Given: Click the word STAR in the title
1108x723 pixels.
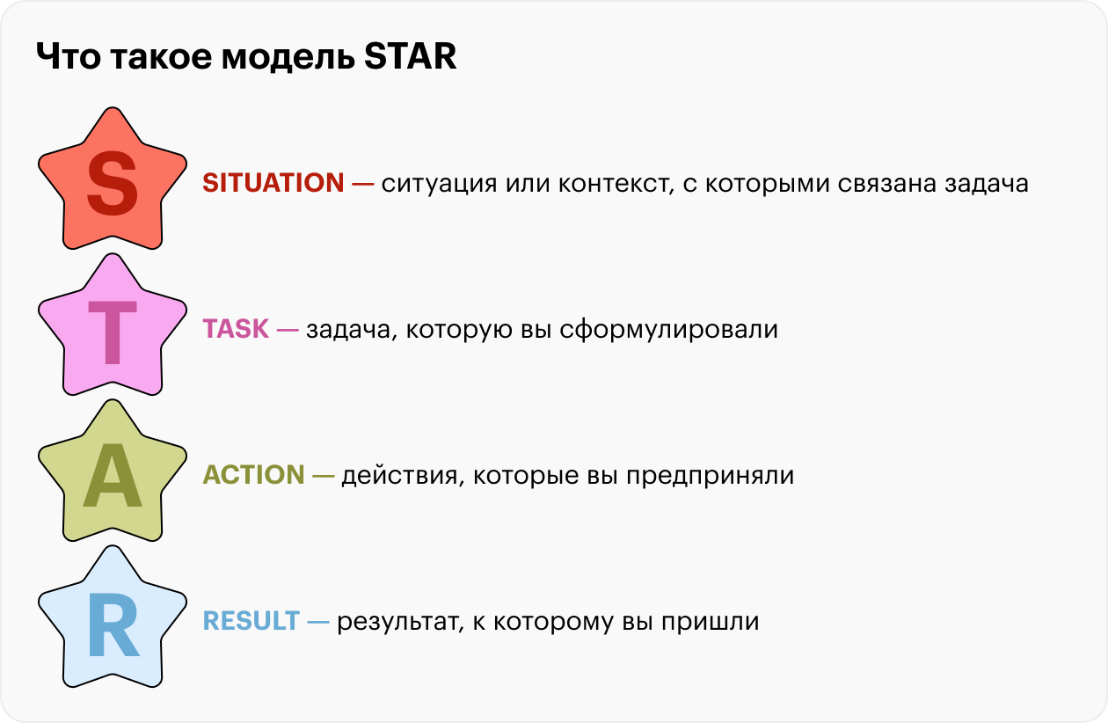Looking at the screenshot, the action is click(410, 56).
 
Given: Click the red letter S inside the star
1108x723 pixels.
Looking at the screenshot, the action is click(113, 183).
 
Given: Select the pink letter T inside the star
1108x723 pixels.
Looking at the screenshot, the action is click(113, 332).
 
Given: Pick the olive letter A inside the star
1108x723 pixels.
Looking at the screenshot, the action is click(113, 475).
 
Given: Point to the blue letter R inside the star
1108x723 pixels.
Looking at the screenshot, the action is click(113, 624).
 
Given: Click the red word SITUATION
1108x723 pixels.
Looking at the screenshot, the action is click(273, 183).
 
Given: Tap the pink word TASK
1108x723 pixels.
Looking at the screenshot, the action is click(236, 329).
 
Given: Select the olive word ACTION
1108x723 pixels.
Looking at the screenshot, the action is click(254, 475).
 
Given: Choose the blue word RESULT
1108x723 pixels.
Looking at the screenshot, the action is click(251, 621).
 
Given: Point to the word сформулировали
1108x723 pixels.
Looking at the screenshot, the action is click(668, 331).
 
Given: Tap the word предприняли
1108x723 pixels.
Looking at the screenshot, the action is click(710, 477).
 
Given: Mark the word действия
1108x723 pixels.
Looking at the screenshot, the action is click(403, 476).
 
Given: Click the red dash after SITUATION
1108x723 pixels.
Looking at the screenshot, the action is click(362, 184).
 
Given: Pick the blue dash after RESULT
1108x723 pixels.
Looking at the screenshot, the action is click(318, 622).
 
